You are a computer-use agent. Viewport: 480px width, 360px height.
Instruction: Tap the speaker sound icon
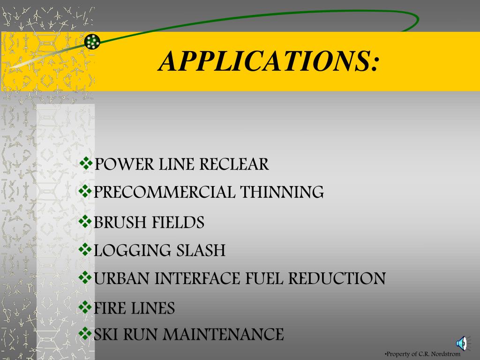click(461, 344)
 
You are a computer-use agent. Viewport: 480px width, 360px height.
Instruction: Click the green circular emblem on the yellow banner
click(92, 42)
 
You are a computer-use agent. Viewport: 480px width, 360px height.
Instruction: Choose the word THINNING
click(282, 192)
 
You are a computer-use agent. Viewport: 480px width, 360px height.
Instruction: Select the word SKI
click(106, 335)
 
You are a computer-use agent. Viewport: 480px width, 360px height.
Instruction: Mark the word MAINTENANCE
click(225, 335)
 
